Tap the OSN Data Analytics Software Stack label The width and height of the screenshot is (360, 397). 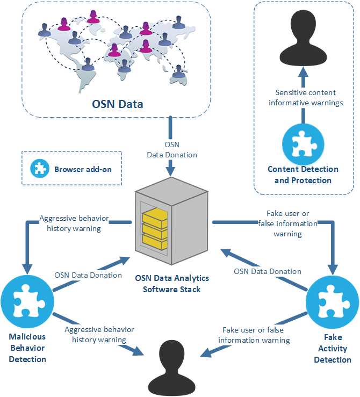click(171, 284)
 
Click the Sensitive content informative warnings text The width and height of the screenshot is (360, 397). click(306, 97)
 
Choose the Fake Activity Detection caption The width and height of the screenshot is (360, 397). click(332, 348)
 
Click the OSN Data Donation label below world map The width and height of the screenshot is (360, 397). click(172, 149)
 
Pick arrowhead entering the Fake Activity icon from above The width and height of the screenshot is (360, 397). click(333, 270)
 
